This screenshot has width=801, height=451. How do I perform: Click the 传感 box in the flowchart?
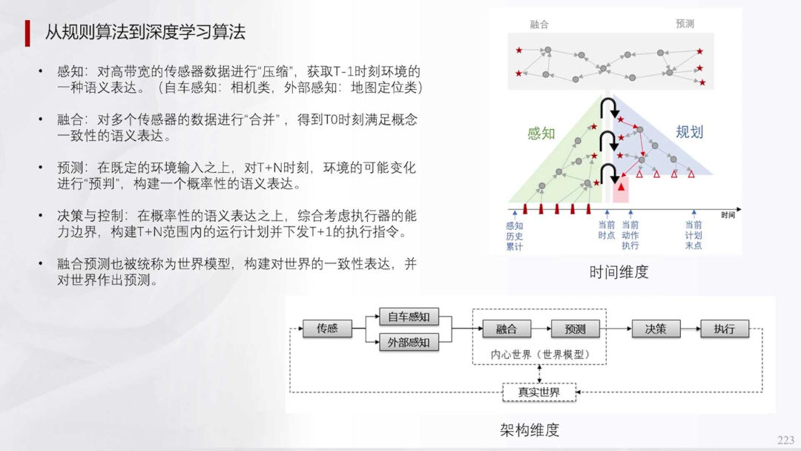pyautogui.click(x=327, y=329)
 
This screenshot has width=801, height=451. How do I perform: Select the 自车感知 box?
pyautogui.click(x=409, y=317)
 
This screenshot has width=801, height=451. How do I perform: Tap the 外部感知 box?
pyautogui.click(x=409, y=343)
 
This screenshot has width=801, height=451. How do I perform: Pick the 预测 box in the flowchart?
pyautogui.click(x=575, y=329)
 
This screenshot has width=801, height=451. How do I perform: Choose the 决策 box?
pyautogui.click(x=655, y=329)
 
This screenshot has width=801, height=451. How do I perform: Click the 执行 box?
pyautogui.click(x=724, y=329)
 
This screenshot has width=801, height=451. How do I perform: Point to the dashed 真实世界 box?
pyautogui.click(x=539, y=392)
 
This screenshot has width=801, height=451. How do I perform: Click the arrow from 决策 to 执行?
pyautogui.click(x=689, y=329)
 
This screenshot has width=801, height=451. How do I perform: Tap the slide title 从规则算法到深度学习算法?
pyautogui.click(x=145, y=32)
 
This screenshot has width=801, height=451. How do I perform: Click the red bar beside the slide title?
pyautogui.click(x=27, y=33)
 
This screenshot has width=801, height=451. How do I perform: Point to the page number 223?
pyautogui.click(x=785, y=440)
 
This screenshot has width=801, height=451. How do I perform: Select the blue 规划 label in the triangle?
pyautogui.click(x=689, y=132)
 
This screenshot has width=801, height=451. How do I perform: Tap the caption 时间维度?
pyautogui.click(x=619, y=272)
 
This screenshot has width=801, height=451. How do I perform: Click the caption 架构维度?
pyautogui.click(x=530, y=429)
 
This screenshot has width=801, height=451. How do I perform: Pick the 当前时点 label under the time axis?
pyautogui.click(x=607, y=230)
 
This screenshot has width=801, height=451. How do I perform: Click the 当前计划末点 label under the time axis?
pyautogui.click(x=693, y=234)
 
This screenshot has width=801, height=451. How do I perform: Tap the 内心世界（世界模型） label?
pyautogui.click(x=539, y=355)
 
